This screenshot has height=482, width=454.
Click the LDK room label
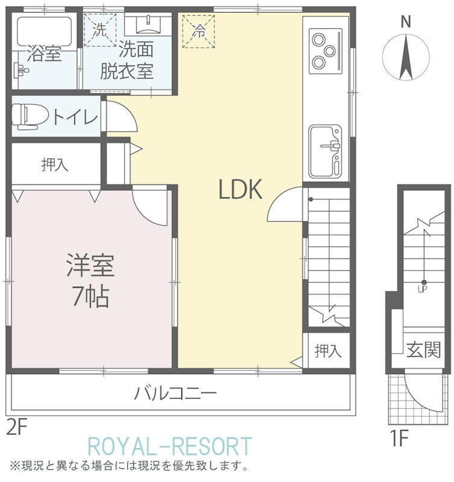pyautogui.click(x=240, y=189)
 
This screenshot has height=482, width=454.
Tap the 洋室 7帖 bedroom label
pyautogui.click(x=90, y=280)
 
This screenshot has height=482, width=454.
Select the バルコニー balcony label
pyautogui.click(x=175, y=393)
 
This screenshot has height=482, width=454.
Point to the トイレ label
pyautogui.click(x=76, y=116)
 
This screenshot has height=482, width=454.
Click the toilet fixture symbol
pyautogui.click(x=30, y=116)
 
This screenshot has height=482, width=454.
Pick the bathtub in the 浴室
pyautogui.click(x=44, y=32)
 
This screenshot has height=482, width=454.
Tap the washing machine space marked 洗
pyautogui.click(x=100, y=30)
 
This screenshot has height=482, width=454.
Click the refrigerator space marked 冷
pyautogui.click(x=198, y=32)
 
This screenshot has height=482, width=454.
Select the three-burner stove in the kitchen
pyautogui.click(x=326, y=51)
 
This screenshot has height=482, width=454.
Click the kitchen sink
pyautogui.click(x=326, y=152)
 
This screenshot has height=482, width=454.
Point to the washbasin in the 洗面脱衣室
pyautogui.click(x=148, y=25)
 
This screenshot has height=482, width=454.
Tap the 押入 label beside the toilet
pyautogui.click(x=55, y=164)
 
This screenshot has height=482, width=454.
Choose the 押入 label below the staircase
pyautogui.click(x=328, y=351)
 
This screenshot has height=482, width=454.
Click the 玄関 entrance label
pyautogui.click(x=423, y=349)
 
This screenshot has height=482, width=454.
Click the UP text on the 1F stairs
pyautogui.click(x=422, y=290)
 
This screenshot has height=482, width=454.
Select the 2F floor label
pyautogui.click(x=17, y=428)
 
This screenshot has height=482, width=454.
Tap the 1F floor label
pyautogui.click(x=399, y=438)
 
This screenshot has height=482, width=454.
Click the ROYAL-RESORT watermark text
pyautogui.click(x=170, y=446)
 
